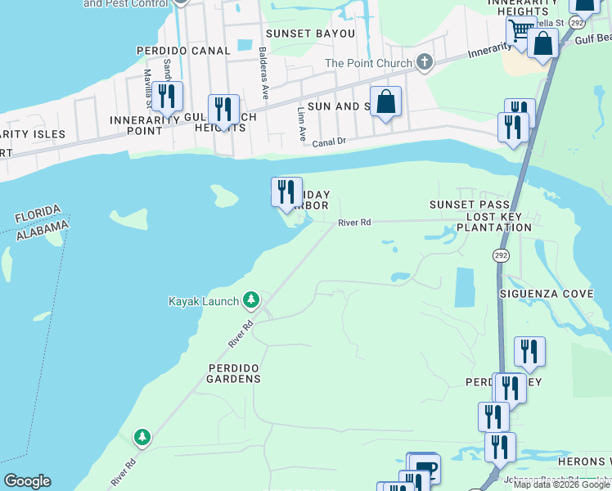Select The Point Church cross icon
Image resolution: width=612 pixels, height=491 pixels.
point(424,62)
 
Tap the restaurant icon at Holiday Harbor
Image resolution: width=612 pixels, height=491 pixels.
point(286,192)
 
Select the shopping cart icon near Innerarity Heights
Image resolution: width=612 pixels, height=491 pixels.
point(520,32)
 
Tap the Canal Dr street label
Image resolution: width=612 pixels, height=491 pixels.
point(329,142)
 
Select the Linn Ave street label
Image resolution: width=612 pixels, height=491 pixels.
point(300,117)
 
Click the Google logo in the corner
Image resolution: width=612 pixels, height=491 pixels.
point(27,481)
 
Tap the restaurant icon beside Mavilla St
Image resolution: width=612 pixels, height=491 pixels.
point(167,96)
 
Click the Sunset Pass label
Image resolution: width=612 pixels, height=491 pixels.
point(470,204)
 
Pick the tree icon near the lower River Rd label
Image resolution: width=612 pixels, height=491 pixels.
point(143,438)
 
